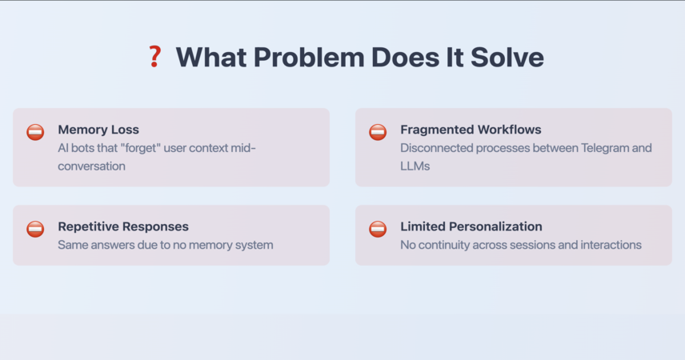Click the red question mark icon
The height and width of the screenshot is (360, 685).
[x=154, y=57]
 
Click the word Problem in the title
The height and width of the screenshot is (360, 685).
[x=309, y=58]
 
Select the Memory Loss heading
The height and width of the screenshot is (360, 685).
[x=98, y=130]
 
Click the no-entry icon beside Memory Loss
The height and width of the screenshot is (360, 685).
[x=35, y=132]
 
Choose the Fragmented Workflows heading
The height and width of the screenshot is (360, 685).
[x=471, y=130]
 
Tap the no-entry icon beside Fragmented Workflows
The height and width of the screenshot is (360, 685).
[x=378, y=132]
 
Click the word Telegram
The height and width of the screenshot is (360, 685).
[x=605, y=148]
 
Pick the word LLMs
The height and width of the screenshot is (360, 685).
[x=415, y=166]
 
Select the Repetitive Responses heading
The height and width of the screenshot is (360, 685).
[x=123, y=226]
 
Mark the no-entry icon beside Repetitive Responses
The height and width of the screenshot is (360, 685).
[x=35, y=230]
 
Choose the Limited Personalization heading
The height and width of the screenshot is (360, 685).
[x=471, y=226]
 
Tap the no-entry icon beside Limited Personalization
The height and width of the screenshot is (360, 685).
[x=378, y=230]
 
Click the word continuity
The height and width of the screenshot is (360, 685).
[x=439, y=245]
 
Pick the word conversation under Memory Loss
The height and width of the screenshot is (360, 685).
[x=92, y=166]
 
